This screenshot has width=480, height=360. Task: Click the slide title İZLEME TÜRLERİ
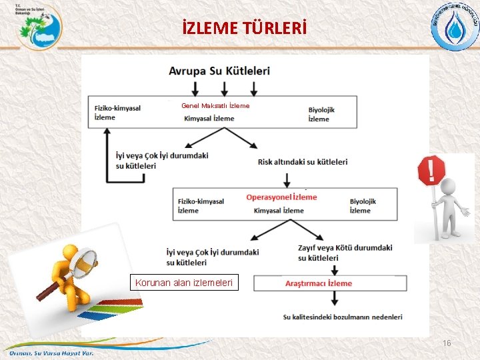[x=244, y=29]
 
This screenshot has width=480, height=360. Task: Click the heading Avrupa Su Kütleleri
[x=219, y=71]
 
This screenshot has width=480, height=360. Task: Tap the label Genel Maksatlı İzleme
[x=215, y=105]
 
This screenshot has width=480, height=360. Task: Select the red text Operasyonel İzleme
[x=281, y=197]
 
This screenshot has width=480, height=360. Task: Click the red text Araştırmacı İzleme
[x=318, y=283]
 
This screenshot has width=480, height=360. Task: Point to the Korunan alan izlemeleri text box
[x=184, y=283]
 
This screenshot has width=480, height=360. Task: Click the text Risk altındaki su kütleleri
[x=303, y=161]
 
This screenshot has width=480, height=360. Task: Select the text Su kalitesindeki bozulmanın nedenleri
[x=343, y=317]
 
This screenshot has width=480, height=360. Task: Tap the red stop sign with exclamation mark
[x=431, y=171]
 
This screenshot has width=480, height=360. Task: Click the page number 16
[x=447, y=343]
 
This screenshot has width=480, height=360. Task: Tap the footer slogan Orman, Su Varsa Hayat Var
[x=51, y=353]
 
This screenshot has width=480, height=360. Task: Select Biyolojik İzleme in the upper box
[x=321, y=114]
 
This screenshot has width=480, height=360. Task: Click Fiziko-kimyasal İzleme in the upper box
[x=117, y=113]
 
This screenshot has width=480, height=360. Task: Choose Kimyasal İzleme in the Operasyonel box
[x=279, y=211]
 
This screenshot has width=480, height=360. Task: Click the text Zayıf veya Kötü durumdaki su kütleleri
[x=345, y=253]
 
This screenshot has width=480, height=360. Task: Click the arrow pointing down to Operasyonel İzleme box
[x=287, y=180]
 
